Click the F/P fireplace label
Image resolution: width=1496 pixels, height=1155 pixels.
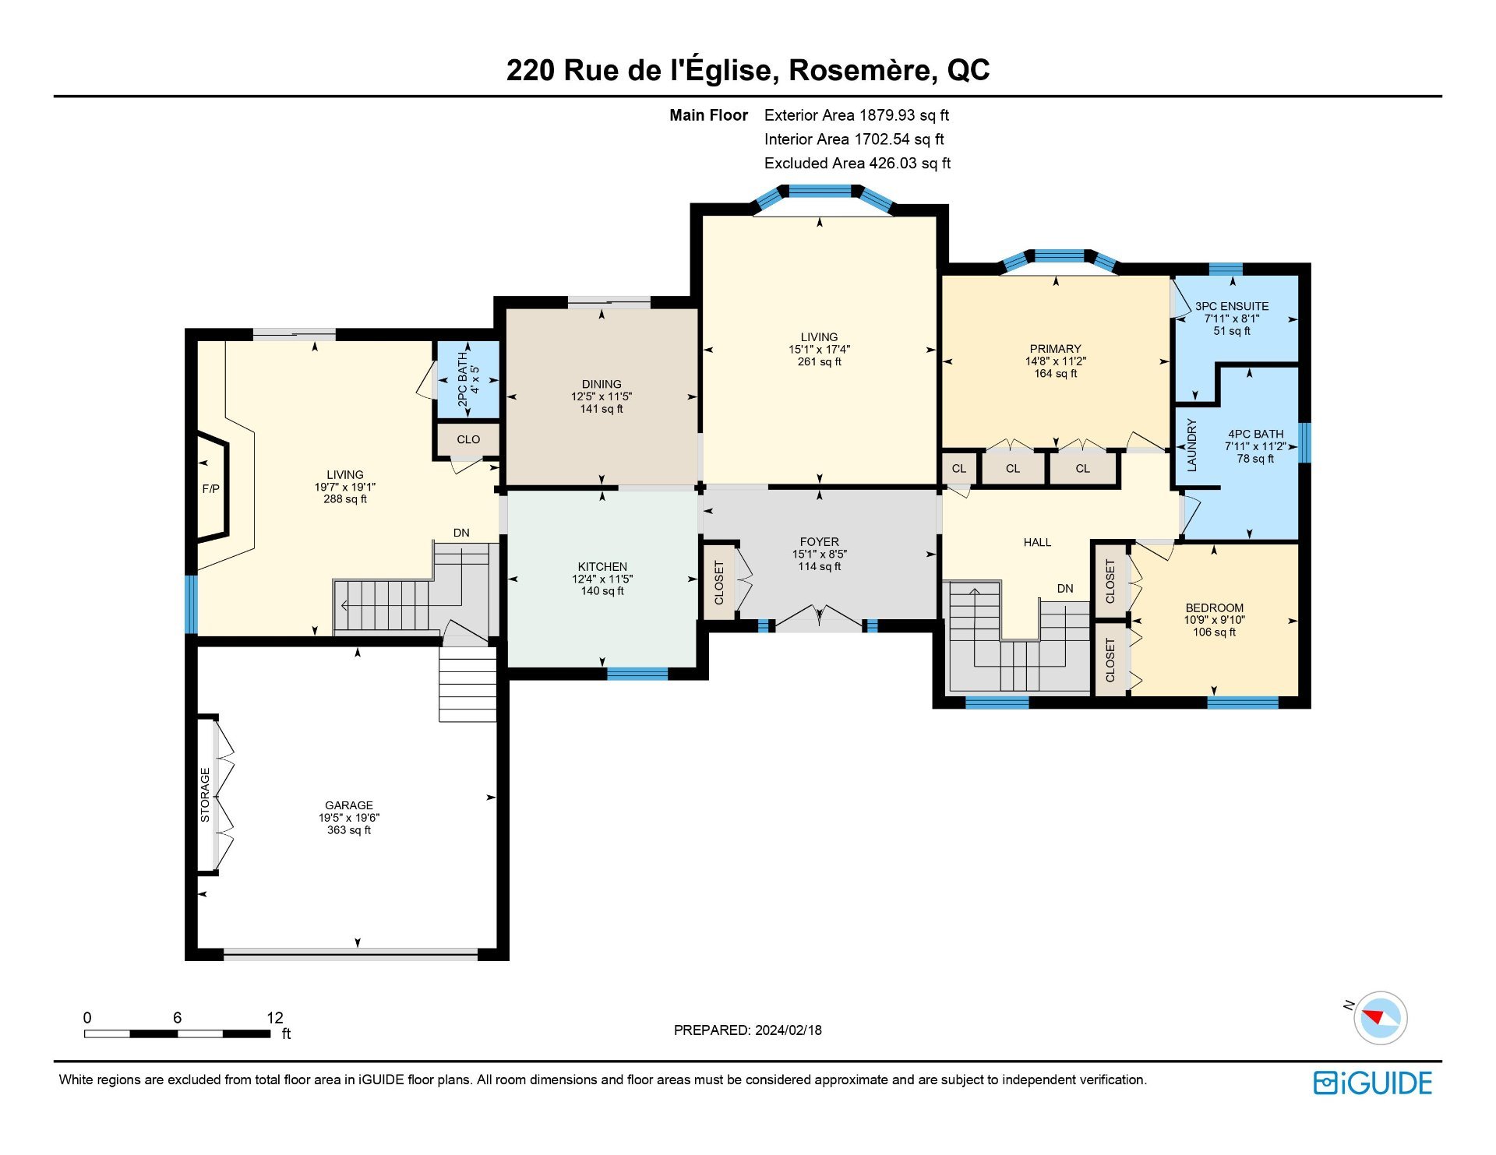[x=210, y=489]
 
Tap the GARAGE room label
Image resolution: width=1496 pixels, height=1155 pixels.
[x=349, y=805]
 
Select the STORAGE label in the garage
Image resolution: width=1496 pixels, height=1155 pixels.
[x=205, y=795]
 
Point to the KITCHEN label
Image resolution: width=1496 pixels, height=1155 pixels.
[x=602, y=567]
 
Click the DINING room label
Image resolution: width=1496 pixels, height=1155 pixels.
[x=602, y=384]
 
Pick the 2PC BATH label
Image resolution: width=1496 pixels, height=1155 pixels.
[x=462, y=379]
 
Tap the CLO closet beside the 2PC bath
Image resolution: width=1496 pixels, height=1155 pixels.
[x=468, y=439]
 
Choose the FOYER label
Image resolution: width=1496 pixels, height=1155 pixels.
[x=820, y=542]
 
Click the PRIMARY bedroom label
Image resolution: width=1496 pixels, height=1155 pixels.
[x=1056, y=349]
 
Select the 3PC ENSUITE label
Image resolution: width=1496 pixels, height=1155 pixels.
[x=1232, y=306]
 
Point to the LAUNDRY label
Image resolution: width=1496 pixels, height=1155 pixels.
[x=1191, y=445]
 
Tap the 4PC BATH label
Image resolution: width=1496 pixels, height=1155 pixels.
[x=1255, y=434]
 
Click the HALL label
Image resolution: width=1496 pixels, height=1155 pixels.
[x=1037, y=542]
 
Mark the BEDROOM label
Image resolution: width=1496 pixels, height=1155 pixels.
[x=1214, y=608]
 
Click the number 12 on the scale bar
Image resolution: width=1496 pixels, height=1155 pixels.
[x=275, y=1017]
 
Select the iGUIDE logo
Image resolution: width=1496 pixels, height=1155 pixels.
[x=1373, y=1083]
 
